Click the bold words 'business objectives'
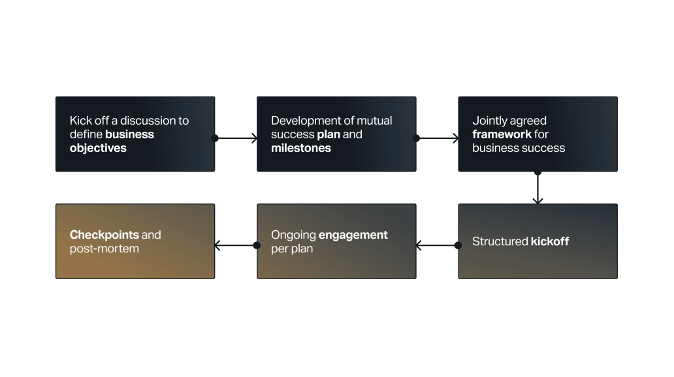[x=112, y=142]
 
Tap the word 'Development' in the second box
[x=303, y=121]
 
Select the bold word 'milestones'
[x=301, y=148]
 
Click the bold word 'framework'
[x=502, y=134]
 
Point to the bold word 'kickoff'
[x=550, y=241]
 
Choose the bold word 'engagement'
[x=353, y=235]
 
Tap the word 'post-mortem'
[x=104, y=249]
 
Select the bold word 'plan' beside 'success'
[x=329, y=134]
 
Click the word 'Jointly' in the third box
[x=490, y=121]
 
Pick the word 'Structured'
[x=500, y=241]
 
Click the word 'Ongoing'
[x=293, y=235]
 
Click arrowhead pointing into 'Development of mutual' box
[x=254, y=138]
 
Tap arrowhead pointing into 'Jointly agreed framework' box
[x=455, y=138]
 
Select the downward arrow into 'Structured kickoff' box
[x=538, y=200]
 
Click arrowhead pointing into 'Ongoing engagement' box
[x=419, y=245]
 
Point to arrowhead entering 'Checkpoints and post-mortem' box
[x=218, y=245]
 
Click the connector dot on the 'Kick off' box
[x=215, y=138]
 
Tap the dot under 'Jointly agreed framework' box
[x=538, y=172]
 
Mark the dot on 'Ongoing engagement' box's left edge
[x=257, y=245]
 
